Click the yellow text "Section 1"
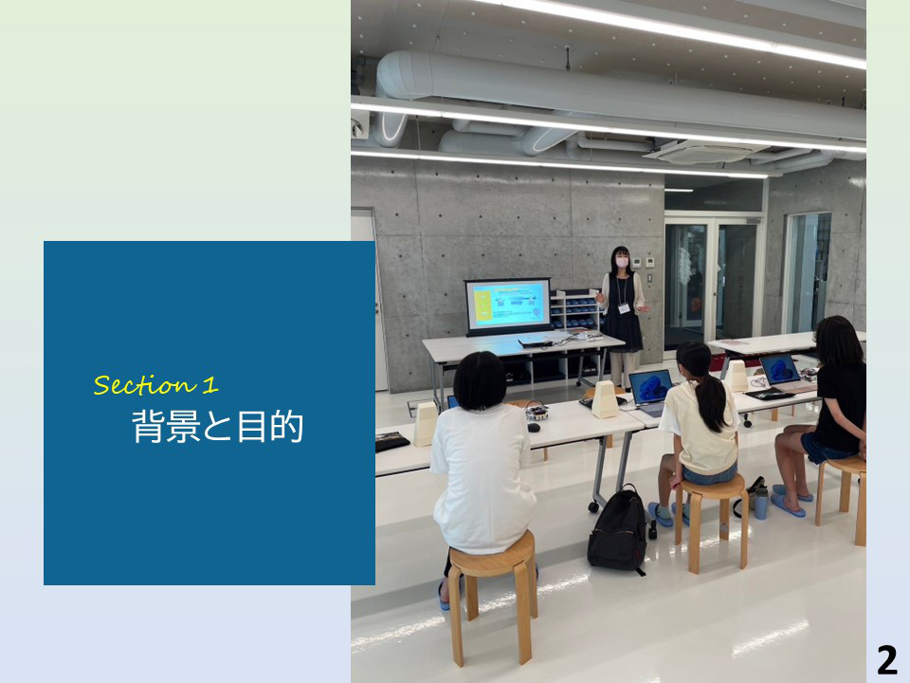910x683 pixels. pyautogui.click(x=156, y=384)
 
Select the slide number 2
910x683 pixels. pyautogui.click(x=887, y=660)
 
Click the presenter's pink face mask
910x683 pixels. pyautogui.click(x=622, y=262)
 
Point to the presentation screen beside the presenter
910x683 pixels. pyautogui.click(x=508, y=305)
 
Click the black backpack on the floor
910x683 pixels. pyautogui.click(x=617, y=531)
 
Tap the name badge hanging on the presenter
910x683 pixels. pyautogui.click(x=624, y=307)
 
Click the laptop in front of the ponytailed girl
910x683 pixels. pyautogui.click(x=651, y=392)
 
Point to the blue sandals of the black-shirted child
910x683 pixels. pyautogui.click(x=791, y=500)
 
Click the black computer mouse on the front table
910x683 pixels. pyautogui.click(x=534, y=428)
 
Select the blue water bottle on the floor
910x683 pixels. pyautogui.click(x=761, y=503)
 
